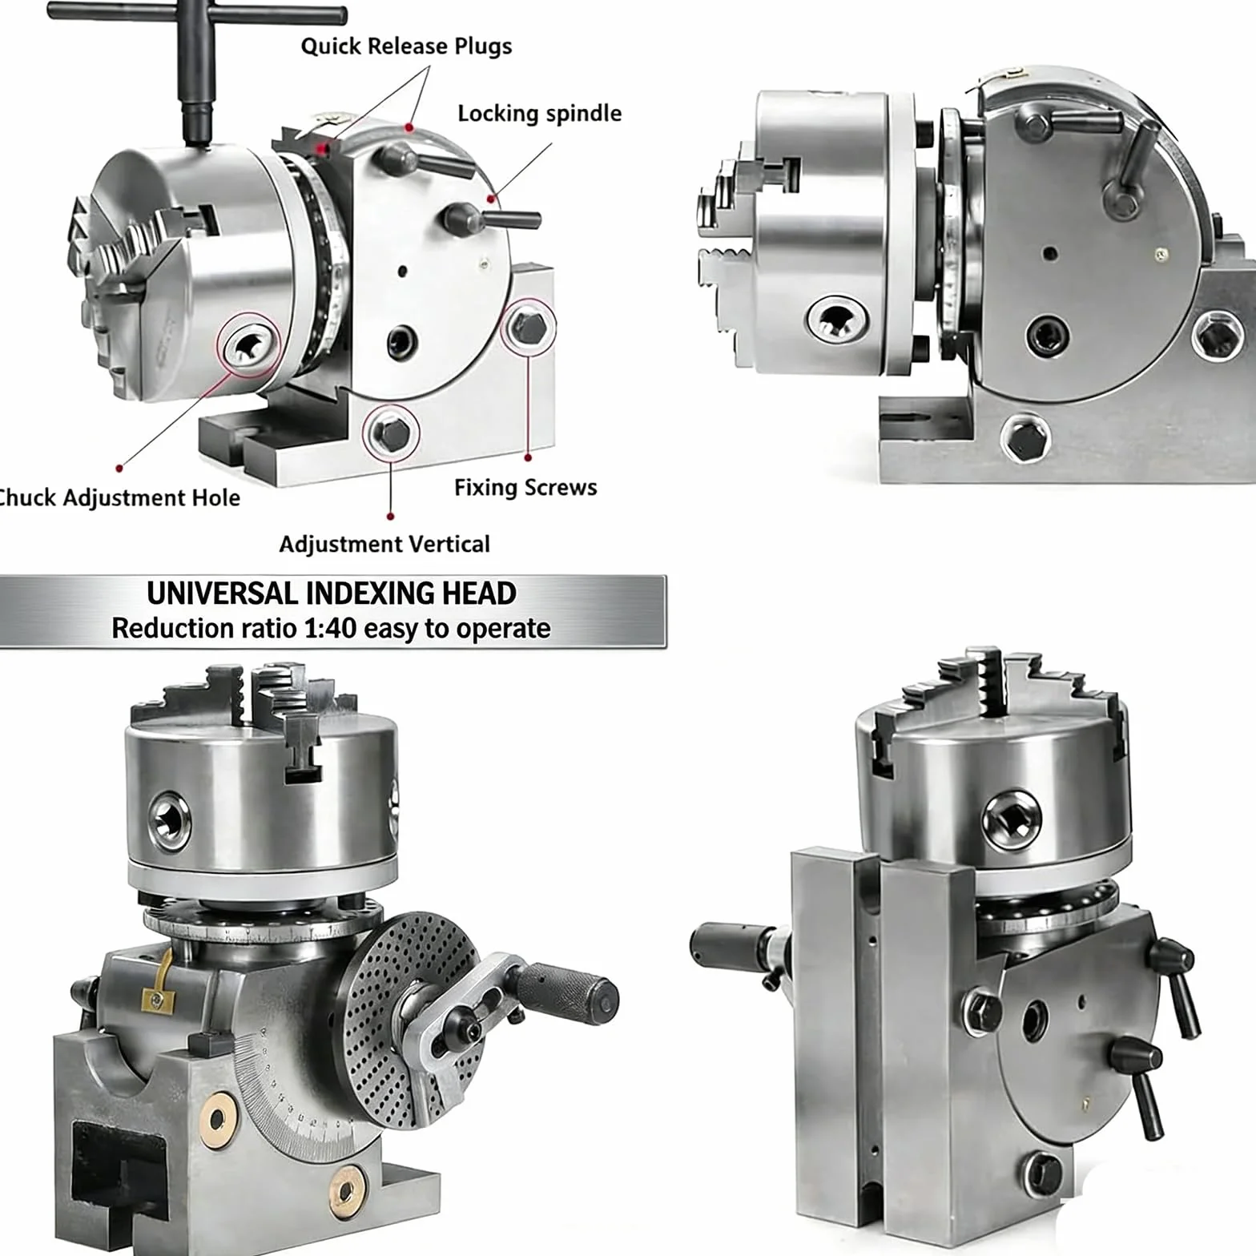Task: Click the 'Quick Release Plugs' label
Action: pyautogui.click(x=406, y=46)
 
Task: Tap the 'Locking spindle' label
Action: pyautogui.click(x=539, y=114)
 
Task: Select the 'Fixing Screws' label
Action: pyautogui.click(x=525, y=488)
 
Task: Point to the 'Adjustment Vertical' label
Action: pyautogui.click(x=384, y=545)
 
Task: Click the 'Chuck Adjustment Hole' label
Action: pyautogui.click(x=119, y=498)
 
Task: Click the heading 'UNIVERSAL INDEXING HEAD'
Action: pyautogui.click(x=332, y=594)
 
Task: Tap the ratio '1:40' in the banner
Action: pyautogui.click(x=329, y=629)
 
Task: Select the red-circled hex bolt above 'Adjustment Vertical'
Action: pyautogui.click(x=392, y=433)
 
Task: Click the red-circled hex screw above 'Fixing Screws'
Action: pyautogui.click(x=529, y=326)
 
